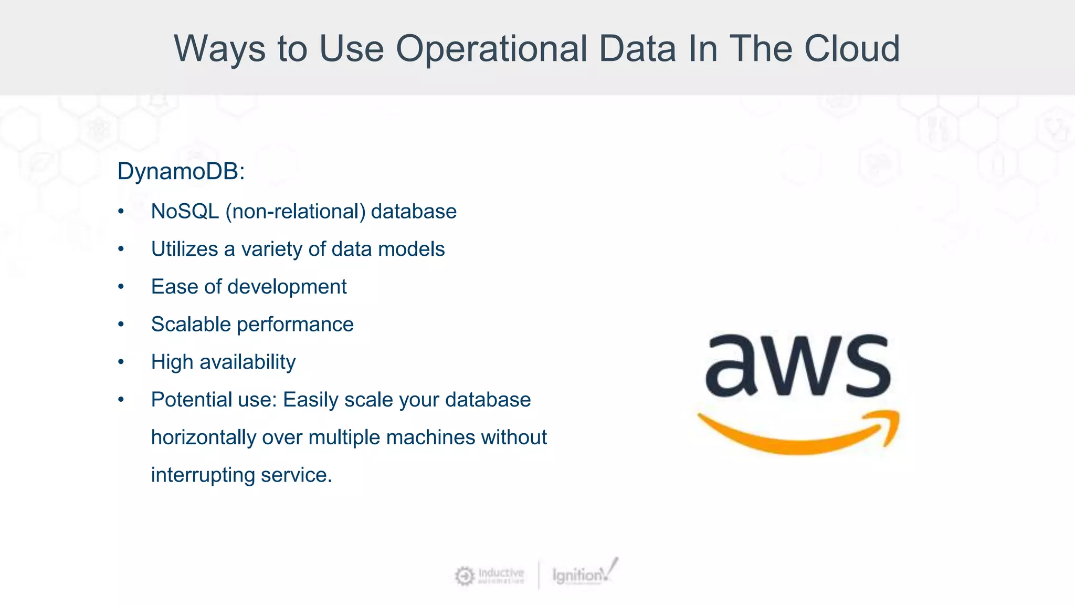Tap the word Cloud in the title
tap(852, 49)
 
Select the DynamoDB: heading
tap(181, 171)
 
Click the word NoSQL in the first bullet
tap(185, 212)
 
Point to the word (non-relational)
tap(296, 212)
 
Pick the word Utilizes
tap(184, 249)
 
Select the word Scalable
tap(191, 325)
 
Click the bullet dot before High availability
tap(121, 362)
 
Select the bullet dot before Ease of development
tap(121, 287)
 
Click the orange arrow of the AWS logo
tap(798, 436)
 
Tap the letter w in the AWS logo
tap(798, 366)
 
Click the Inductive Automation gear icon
tap(464, 576)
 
